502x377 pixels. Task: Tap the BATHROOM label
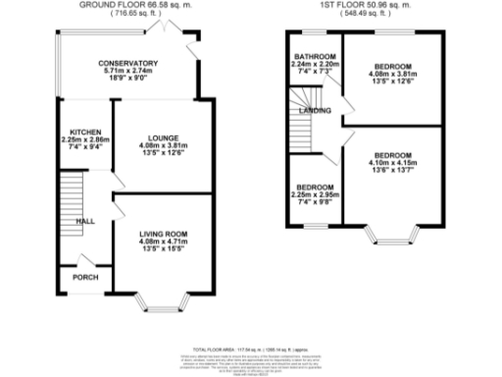pos(315,56)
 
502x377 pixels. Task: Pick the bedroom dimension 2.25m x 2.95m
pos(315,194)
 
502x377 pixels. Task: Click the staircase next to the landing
pos(300,116)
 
